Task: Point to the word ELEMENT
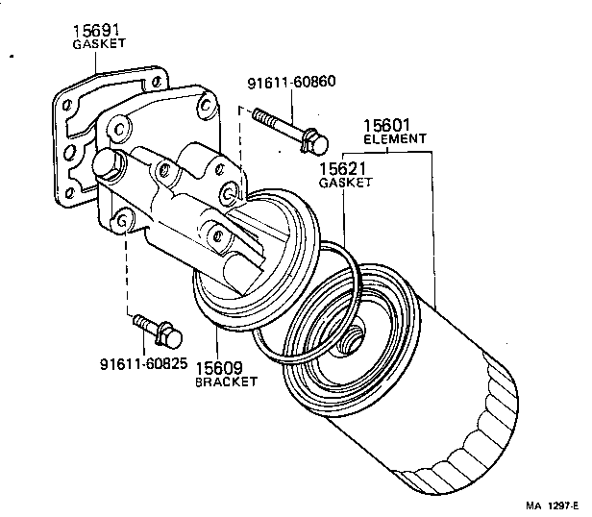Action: coord(394,139)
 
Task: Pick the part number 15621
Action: coord(345,168)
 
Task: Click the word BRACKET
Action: coord(227,382)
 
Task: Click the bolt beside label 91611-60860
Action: coord(289,133)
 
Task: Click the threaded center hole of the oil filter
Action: coord(353,336)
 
